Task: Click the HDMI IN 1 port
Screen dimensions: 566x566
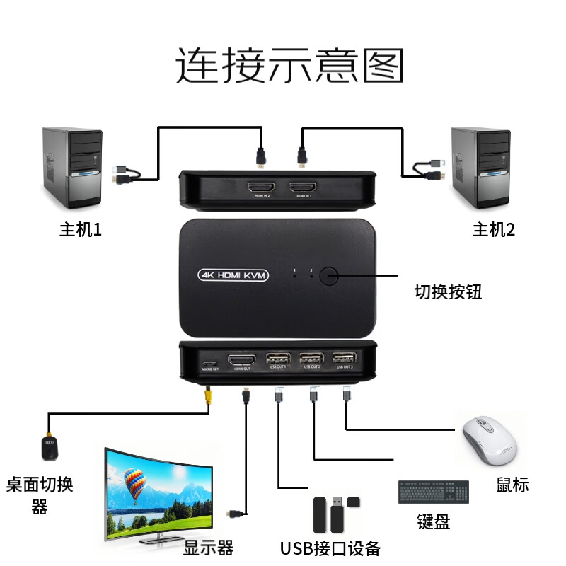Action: pos(304,189)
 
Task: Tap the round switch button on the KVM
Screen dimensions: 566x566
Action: pos(330,275)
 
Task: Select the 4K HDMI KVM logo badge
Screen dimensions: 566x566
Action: pos(233,275)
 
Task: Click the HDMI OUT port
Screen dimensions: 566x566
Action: pos(243,359)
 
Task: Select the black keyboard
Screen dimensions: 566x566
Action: pos(433,492)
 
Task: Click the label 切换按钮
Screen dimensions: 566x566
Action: pos(449,291)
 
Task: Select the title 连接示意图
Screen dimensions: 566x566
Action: pos(290,66)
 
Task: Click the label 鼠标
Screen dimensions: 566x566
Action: pos(512,485)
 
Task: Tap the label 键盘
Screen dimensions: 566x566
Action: pos(433,522)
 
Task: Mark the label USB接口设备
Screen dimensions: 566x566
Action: pos(330,548)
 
